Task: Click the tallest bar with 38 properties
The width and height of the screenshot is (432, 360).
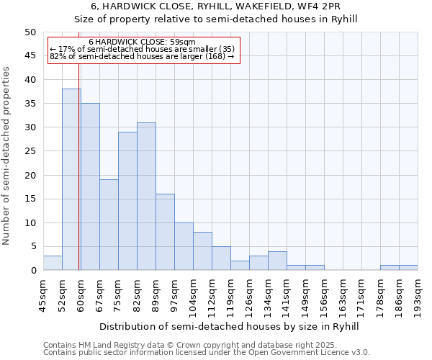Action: [x=71, y=179]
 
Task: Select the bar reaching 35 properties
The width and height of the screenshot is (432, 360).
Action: [x=90, y=186]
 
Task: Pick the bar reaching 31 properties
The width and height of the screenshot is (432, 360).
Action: [x=146, y=197]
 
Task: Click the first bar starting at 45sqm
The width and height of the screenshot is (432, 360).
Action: [x=53, y=263]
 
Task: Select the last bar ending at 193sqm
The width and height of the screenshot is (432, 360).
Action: [x=408, y=268]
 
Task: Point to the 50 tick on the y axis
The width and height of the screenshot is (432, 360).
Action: [x=30, y=32]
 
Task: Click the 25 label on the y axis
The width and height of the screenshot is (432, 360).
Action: [x=30, y=151]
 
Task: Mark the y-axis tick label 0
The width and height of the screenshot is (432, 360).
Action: [x=32, y=271]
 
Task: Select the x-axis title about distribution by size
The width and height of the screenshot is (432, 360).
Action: [x=229, y=326]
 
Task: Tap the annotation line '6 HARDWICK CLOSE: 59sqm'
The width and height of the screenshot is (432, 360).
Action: [x=142, y=42]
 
